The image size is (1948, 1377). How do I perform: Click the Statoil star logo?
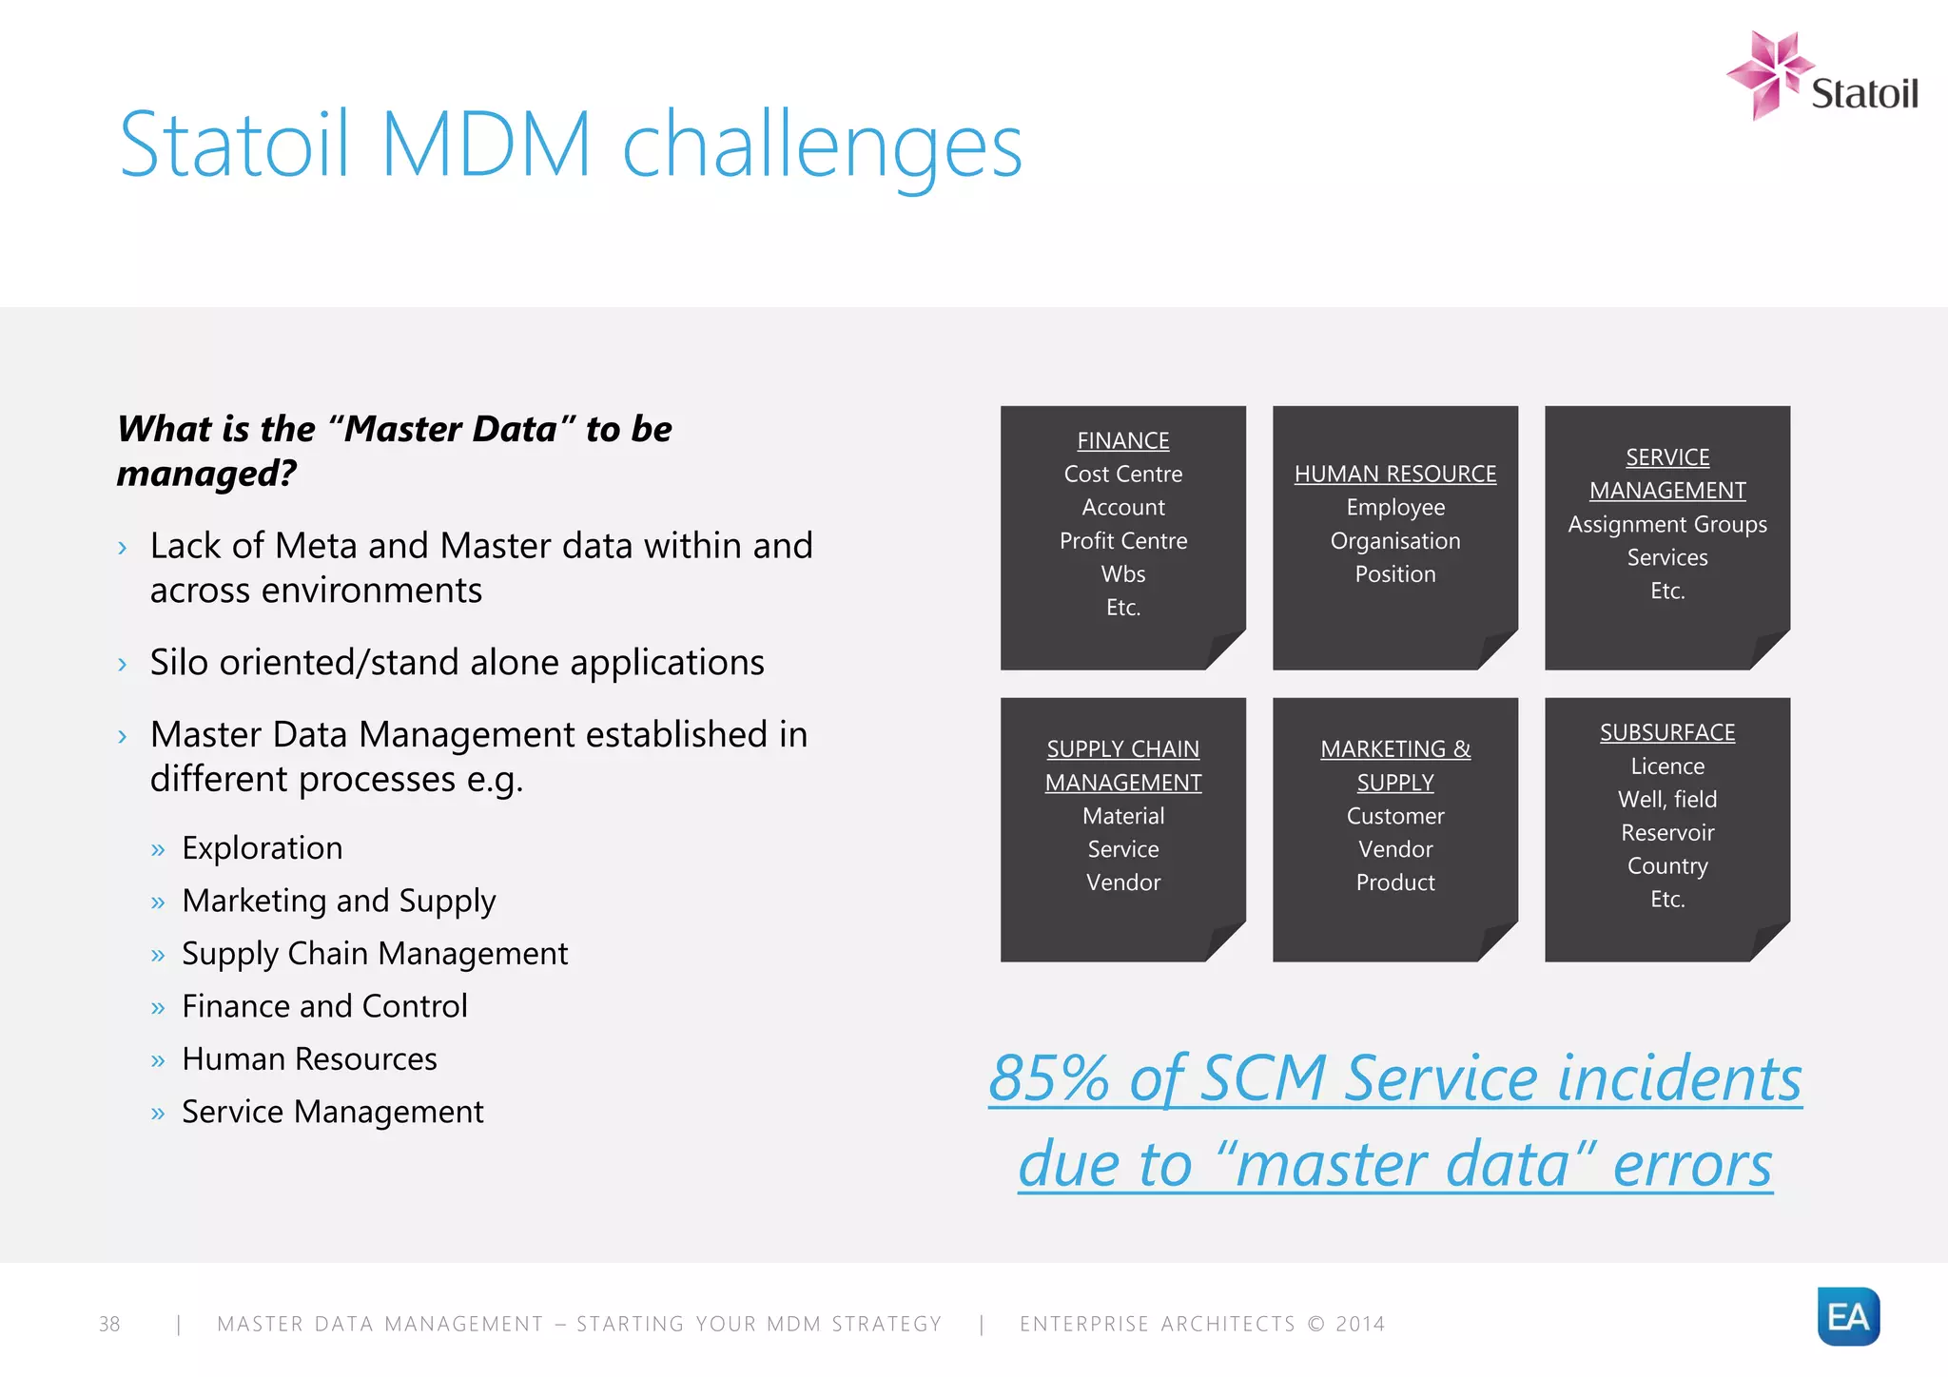(x=1767, y=74)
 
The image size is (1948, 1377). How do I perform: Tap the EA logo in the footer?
(x=1848, y=1316)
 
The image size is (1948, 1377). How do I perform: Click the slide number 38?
(x=109, y=1324)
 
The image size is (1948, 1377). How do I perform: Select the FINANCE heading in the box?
(x=1122, y=441)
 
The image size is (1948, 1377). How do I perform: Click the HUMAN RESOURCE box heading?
(x=1394, y=474)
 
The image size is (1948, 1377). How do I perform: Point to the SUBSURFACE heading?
(x=1666, y=732)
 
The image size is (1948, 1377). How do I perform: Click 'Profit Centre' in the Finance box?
(x=1122, y=541)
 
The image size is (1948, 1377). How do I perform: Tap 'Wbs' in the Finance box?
(x=1122, y=574)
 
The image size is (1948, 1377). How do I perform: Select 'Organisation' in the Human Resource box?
(x=1394, y=541)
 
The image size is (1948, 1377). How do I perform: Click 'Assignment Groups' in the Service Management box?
(x=1666, y=524)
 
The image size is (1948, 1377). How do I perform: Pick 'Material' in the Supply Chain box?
(x=1122, y=816)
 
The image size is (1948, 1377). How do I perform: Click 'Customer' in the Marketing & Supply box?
(x=1394, y=816)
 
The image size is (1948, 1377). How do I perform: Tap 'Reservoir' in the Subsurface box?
(x=1666, y=833)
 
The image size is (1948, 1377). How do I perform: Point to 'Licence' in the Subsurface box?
(x=1666, y=766)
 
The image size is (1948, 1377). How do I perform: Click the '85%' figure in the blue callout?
(x=1048, y=1078)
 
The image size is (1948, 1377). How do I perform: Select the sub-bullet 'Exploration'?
(x=262, y=848)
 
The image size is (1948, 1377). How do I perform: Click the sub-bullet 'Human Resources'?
(x=309, y=1059)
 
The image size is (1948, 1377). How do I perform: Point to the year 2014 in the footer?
(x=1360, y=1324)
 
